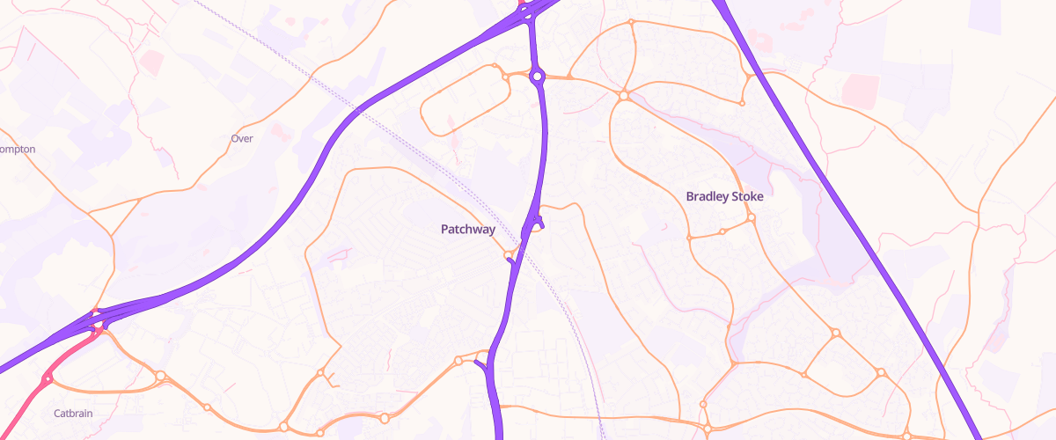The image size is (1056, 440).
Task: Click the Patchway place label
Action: pyautogui.click(x=467, y=230)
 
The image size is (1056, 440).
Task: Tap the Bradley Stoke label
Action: pyautogui.click(x=724, y=196)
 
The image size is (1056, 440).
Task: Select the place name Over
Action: pyautogui.click(x=241, y=139)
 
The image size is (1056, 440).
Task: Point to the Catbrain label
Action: pyautogui.click(x=73, y=413)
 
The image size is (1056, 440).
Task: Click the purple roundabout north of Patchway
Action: pyautogui.click(x=537, y=77)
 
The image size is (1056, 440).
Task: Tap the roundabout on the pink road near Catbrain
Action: pyautogui.click(x=47, y=378)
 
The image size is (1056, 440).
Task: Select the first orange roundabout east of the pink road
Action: pyautogui.click(x=160, y=377)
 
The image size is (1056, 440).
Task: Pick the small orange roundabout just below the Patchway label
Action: pyautogui.click(x=509, y=256)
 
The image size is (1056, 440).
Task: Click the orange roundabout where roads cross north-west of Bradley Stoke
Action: pyautogui.click(x=623, y=95)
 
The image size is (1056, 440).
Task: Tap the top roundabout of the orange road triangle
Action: pyautogui.click(x=835, y=334)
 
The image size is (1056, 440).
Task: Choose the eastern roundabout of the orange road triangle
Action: pyautogui.click(x=880, y=373)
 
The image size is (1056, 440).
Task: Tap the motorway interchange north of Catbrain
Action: pyautogui.click(x=97, y=319)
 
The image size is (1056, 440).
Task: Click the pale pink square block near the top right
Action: pyautogui.click(x=860, y=91)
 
